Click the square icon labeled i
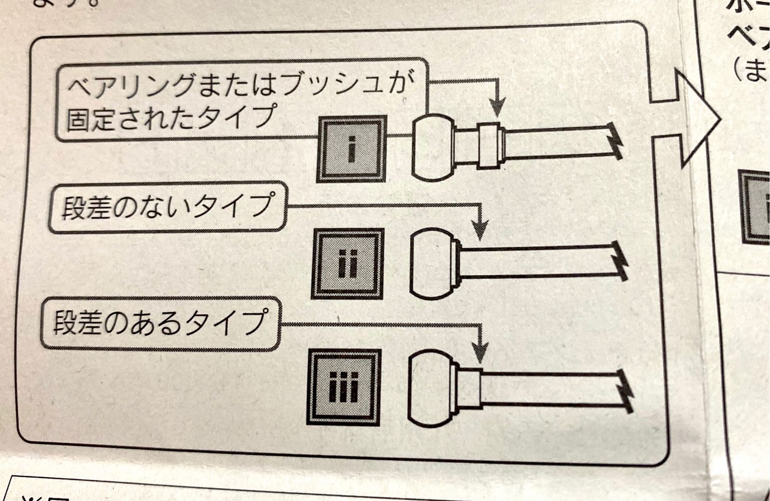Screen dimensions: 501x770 [352, 148]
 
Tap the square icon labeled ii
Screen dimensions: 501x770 [348, 263]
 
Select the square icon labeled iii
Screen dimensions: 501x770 [344, 387]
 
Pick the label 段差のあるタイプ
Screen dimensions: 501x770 [161, 322]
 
